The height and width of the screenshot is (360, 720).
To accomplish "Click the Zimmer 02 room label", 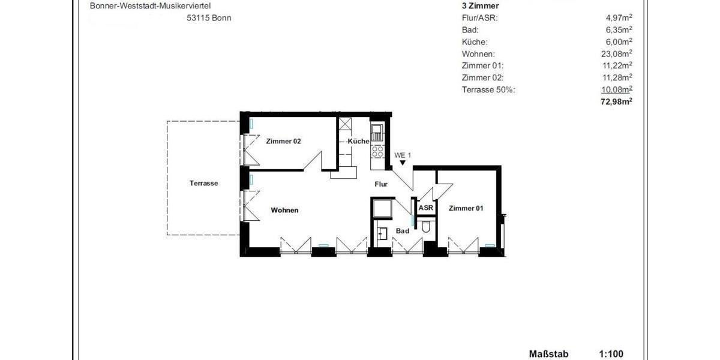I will coord(283,142).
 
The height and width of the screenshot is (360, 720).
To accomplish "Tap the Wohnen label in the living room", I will coord(284,211).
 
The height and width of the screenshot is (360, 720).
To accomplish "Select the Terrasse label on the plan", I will coord(203,184).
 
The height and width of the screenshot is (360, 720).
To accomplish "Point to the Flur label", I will coord(381,185).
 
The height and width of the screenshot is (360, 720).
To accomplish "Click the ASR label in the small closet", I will coord(425,208).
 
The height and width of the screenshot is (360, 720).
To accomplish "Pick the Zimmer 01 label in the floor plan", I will coord(466,208).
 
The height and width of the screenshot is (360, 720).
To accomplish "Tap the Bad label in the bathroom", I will coord(403,231).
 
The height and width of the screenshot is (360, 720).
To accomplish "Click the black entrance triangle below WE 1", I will coord(403,162).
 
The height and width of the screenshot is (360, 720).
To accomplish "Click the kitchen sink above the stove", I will coord(377,132).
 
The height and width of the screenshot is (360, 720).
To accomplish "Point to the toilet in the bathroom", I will coord(426,227).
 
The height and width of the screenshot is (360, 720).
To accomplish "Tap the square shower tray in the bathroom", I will coord(382,208).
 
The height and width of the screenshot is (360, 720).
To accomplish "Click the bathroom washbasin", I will coord(382,233).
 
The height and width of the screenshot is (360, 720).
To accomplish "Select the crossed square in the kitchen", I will coord(344,125).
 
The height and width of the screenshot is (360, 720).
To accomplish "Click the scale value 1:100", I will coord(611,355).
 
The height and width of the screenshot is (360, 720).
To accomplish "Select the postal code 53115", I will coord(198,18).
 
